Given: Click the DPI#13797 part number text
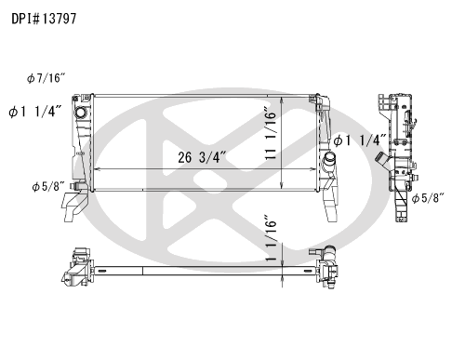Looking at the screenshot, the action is (x=44, y=19).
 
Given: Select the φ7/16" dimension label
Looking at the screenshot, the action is (x=46, y=78).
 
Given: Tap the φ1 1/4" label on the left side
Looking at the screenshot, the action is (x=35, y=112).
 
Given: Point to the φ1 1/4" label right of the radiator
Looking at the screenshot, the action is (x=360, y=140).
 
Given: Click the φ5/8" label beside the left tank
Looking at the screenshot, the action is (x=48, y=186).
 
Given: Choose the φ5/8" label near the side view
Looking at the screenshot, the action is (x=428, y=198).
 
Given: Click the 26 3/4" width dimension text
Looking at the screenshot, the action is (x=202, y=157).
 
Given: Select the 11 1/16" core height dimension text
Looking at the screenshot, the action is (x=271, y=134).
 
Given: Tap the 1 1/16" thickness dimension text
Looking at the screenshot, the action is (x=271, y=238).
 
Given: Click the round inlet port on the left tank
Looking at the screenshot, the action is (x=81, y=112).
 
